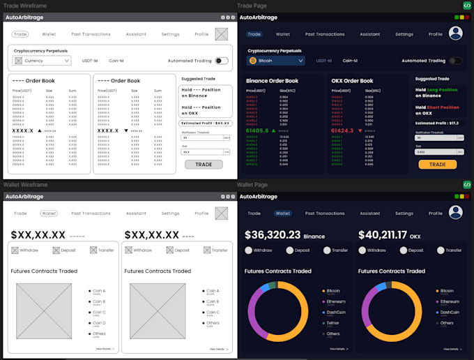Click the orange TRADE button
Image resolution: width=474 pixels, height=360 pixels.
(x=437, y=165)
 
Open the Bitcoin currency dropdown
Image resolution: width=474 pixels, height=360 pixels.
(x=276, y=61)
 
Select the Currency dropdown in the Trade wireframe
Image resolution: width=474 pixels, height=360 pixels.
(x=42, y=61)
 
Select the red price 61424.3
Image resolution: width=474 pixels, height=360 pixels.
(x=344, y=130)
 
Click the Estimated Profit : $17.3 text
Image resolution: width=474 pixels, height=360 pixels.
(x=436, y=123)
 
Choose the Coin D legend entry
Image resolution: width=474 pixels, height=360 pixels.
(x=99, y=323)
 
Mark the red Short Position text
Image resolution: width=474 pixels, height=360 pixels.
(x=443, y=107)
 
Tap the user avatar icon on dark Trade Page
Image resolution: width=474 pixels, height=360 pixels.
(x=456, y=33)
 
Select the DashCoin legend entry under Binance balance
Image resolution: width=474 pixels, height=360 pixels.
(x=335, y=312)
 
